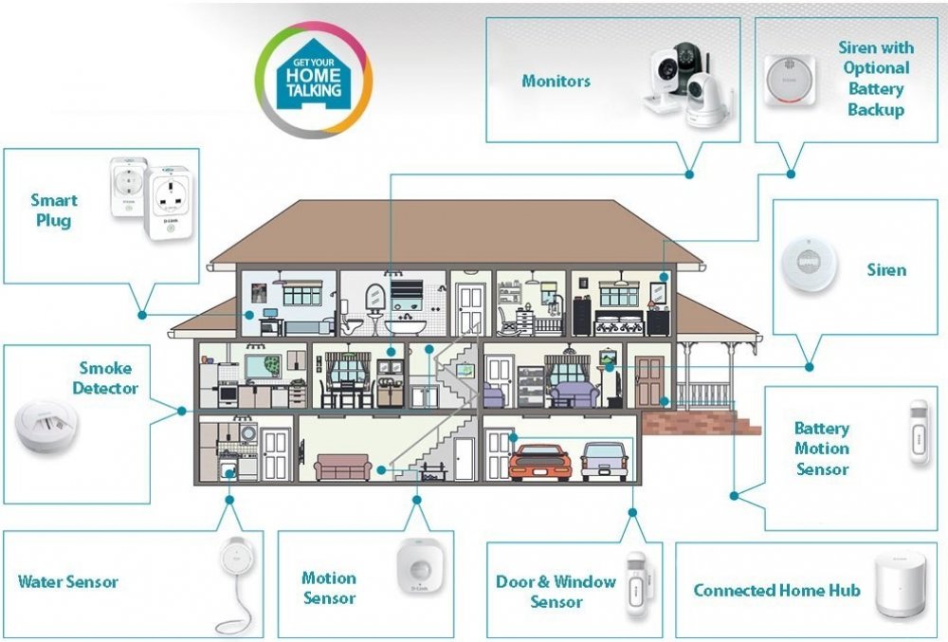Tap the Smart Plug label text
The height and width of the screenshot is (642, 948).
coord(54,210)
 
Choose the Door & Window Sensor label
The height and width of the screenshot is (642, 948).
coord(556,591)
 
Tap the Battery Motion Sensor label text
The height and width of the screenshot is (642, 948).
coord(822,449)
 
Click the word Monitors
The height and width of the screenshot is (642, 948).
coord(556,82)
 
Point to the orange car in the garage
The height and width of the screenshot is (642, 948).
coord(539,462)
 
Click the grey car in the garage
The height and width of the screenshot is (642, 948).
coord(604,460)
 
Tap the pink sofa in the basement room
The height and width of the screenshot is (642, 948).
coord(342,467)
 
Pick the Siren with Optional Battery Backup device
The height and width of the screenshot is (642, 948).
coord(791,80)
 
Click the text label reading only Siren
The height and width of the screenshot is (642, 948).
coord(886,270)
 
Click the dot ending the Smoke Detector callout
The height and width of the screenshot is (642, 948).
coord(182,411)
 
